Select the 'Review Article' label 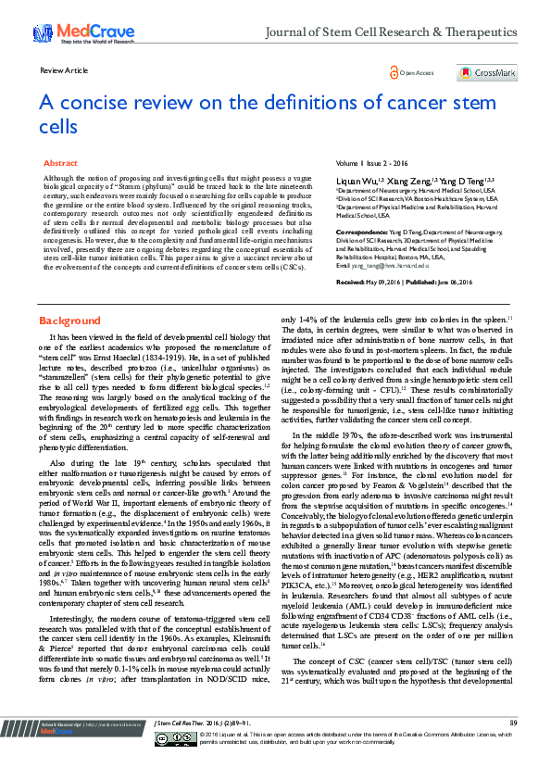coord(64,70)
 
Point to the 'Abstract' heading coord(60,162)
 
